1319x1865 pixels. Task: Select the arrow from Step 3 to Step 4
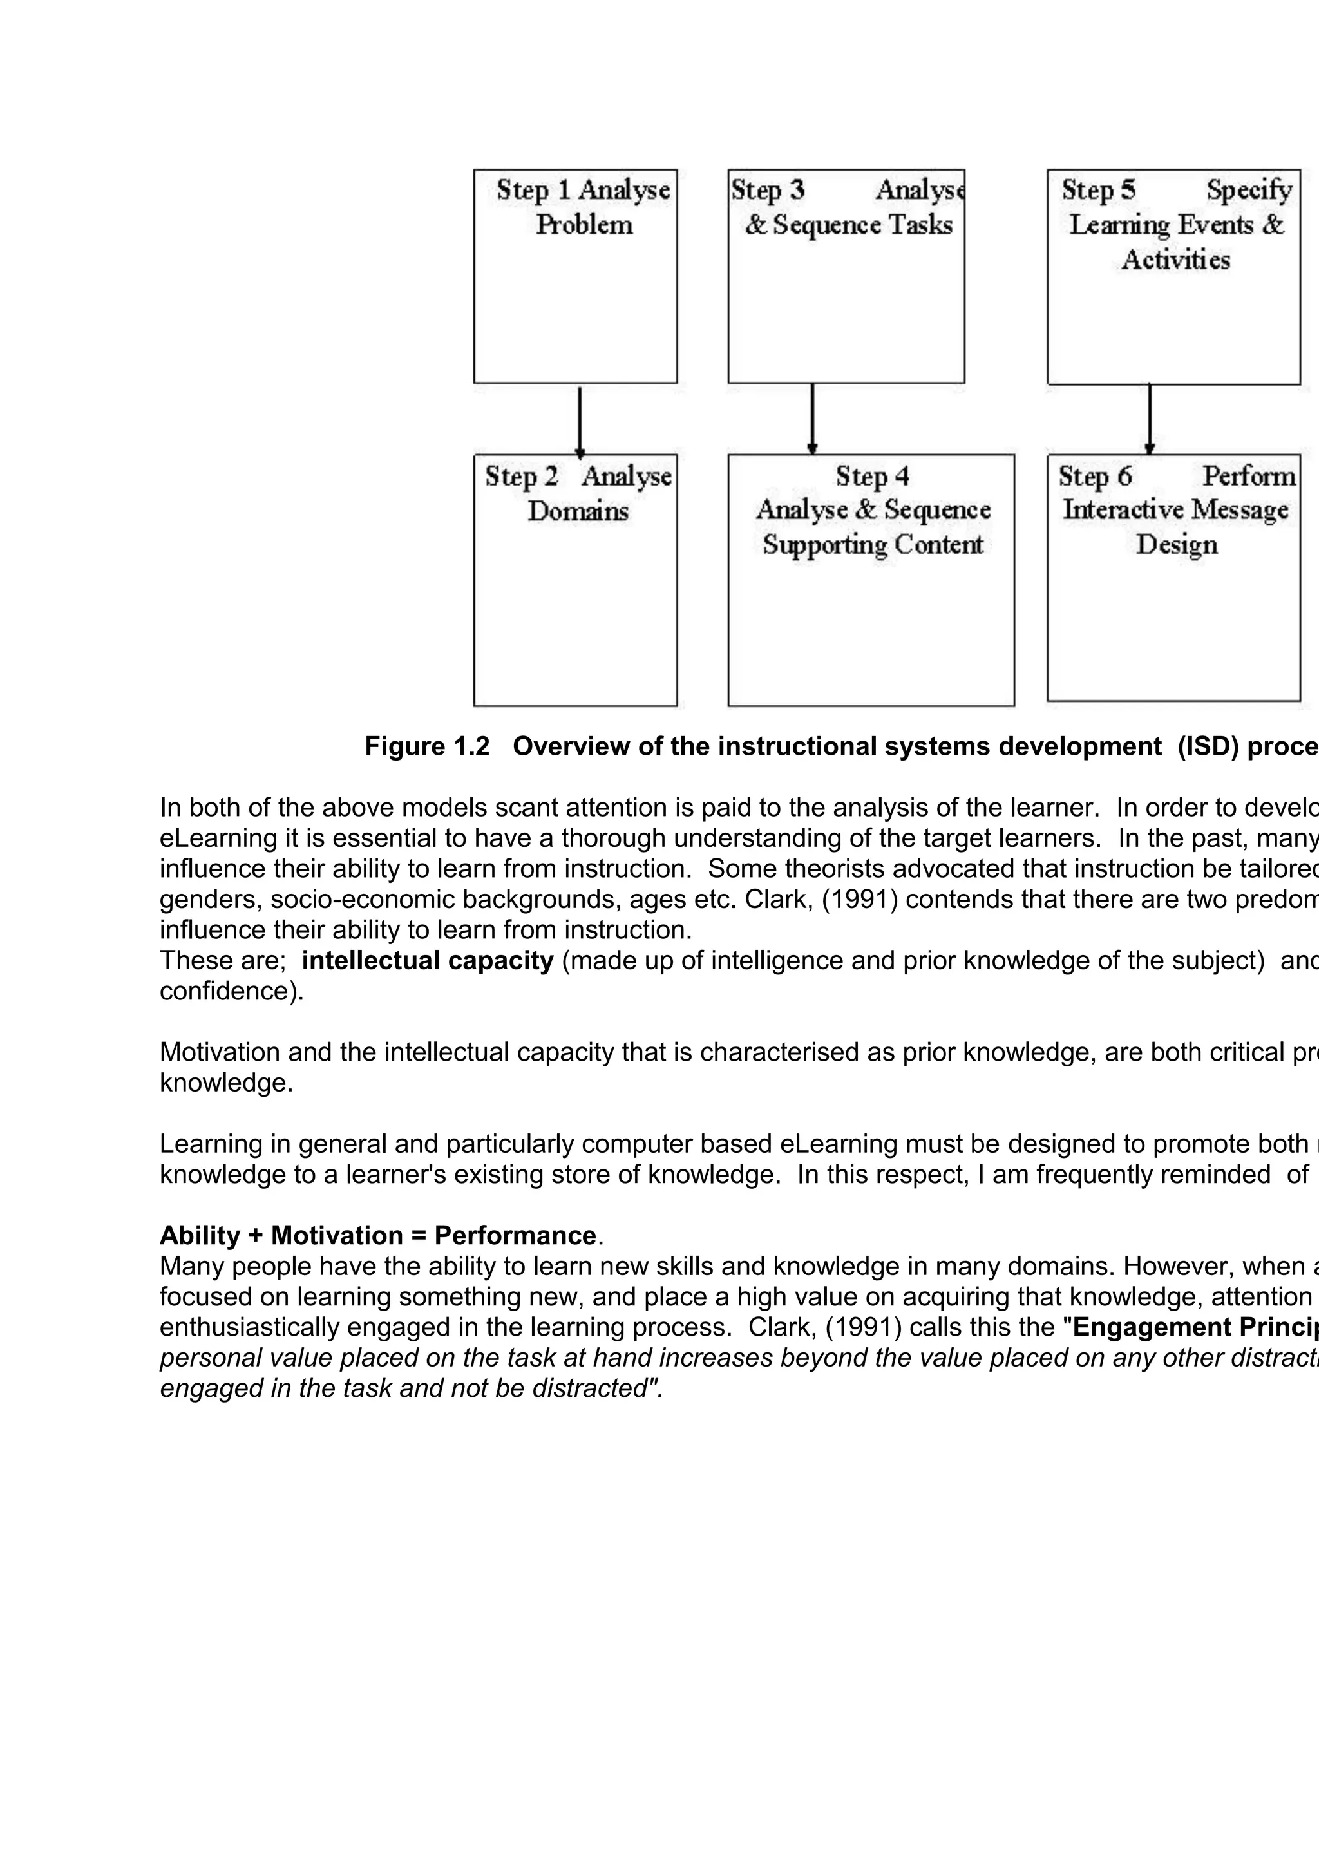point(811,419)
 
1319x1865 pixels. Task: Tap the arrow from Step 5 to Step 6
point(1149,419)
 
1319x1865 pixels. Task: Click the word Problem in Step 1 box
point(584,225)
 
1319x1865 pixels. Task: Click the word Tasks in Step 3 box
point(920,225)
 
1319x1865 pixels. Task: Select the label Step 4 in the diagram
point(871,476)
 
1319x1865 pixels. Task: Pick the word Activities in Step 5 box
point(1175,260)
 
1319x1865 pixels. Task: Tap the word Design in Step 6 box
point(1175,544)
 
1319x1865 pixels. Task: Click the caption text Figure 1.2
point(426,746)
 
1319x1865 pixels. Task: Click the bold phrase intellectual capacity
point(427,960)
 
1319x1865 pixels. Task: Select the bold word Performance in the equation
point(515,1235)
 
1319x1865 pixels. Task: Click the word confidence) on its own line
point(231,991)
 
